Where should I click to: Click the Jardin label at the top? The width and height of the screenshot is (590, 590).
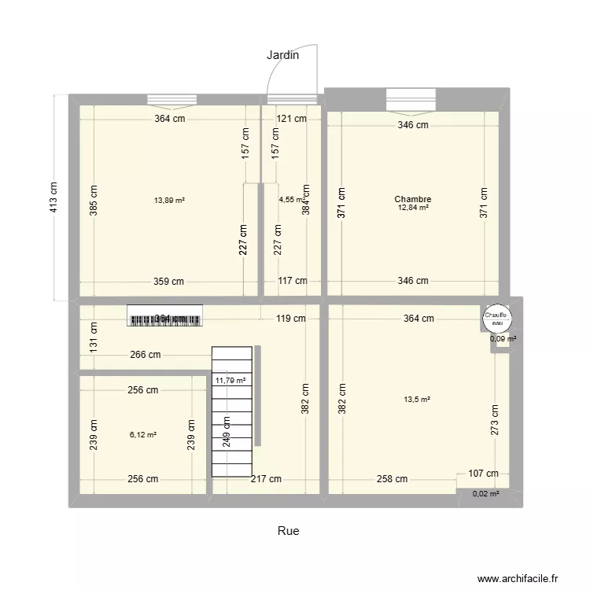[x=282, y=55]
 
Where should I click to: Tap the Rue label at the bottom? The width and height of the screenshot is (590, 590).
[x=288, y=531]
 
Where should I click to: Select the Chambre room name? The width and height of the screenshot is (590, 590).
[x=413, y=200]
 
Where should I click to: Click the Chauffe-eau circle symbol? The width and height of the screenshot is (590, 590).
[x=496, y=317]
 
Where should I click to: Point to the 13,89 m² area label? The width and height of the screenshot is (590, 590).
[x=169, y=201]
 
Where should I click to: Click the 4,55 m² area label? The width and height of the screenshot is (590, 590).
[x=290, y=200]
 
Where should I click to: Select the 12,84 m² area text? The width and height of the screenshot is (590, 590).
[x=413, y=208]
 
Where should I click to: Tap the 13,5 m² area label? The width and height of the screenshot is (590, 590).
[x=417, y=400]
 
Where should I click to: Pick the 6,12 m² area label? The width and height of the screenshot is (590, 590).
[x=142, y=434]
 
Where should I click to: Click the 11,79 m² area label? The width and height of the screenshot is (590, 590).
[x=230, y=381]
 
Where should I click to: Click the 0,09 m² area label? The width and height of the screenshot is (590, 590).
[x=503, y=339]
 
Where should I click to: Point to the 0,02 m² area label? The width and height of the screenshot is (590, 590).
[x=485, y=494]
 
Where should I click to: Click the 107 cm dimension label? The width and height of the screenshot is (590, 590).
[x=482, y=474]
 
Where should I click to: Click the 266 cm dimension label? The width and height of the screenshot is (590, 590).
[x=146, y=355]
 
